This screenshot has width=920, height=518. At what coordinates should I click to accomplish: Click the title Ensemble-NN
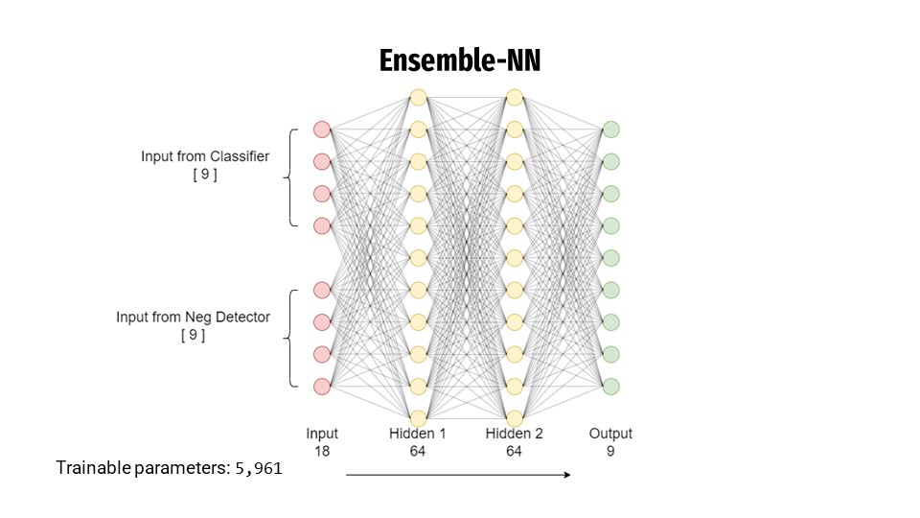click(x=460, y=60)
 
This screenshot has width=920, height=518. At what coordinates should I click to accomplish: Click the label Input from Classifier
click(x=205, y=156)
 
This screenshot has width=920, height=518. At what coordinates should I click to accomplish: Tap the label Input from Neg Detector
click(x=193, y=317)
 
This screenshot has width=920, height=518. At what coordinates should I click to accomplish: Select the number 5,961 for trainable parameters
click(x=258, y=469)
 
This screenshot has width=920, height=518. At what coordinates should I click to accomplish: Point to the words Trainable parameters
click(x=143, y=469)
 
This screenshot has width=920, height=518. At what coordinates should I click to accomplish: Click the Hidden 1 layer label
click(x=417, y=434)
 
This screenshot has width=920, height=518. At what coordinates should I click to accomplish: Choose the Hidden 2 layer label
click(x=514, y=434)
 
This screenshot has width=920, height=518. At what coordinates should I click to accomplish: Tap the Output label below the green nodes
click(x=610, y=434)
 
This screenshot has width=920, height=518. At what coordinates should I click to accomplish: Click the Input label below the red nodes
click(x=322, y=434)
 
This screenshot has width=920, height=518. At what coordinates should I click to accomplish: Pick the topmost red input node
click(x=322, y=129)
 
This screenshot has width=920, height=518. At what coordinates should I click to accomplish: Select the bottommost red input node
click(x=322, y=387)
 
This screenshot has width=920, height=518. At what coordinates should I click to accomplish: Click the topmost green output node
click(x=610, y=129)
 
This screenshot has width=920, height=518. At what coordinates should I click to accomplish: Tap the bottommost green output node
click(x=610, y=387)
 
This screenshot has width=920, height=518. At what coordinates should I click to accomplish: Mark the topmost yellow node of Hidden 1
click(x=417, y=97)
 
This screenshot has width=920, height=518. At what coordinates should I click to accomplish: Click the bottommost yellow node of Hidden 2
click(x=514, y=418)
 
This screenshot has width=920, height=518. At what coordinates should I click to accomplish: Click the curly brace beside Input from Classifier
click(x=289, y=177)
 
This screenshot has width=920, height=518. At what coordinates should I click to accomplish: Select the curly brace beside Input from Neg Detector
click(x=289, y=338)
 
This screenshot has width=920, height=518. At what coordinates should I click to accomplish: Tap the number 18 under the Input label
click(x=322, y=450)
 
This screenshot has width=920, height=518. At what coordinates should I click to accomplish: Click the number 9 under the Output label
click(x=610, y=450)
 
